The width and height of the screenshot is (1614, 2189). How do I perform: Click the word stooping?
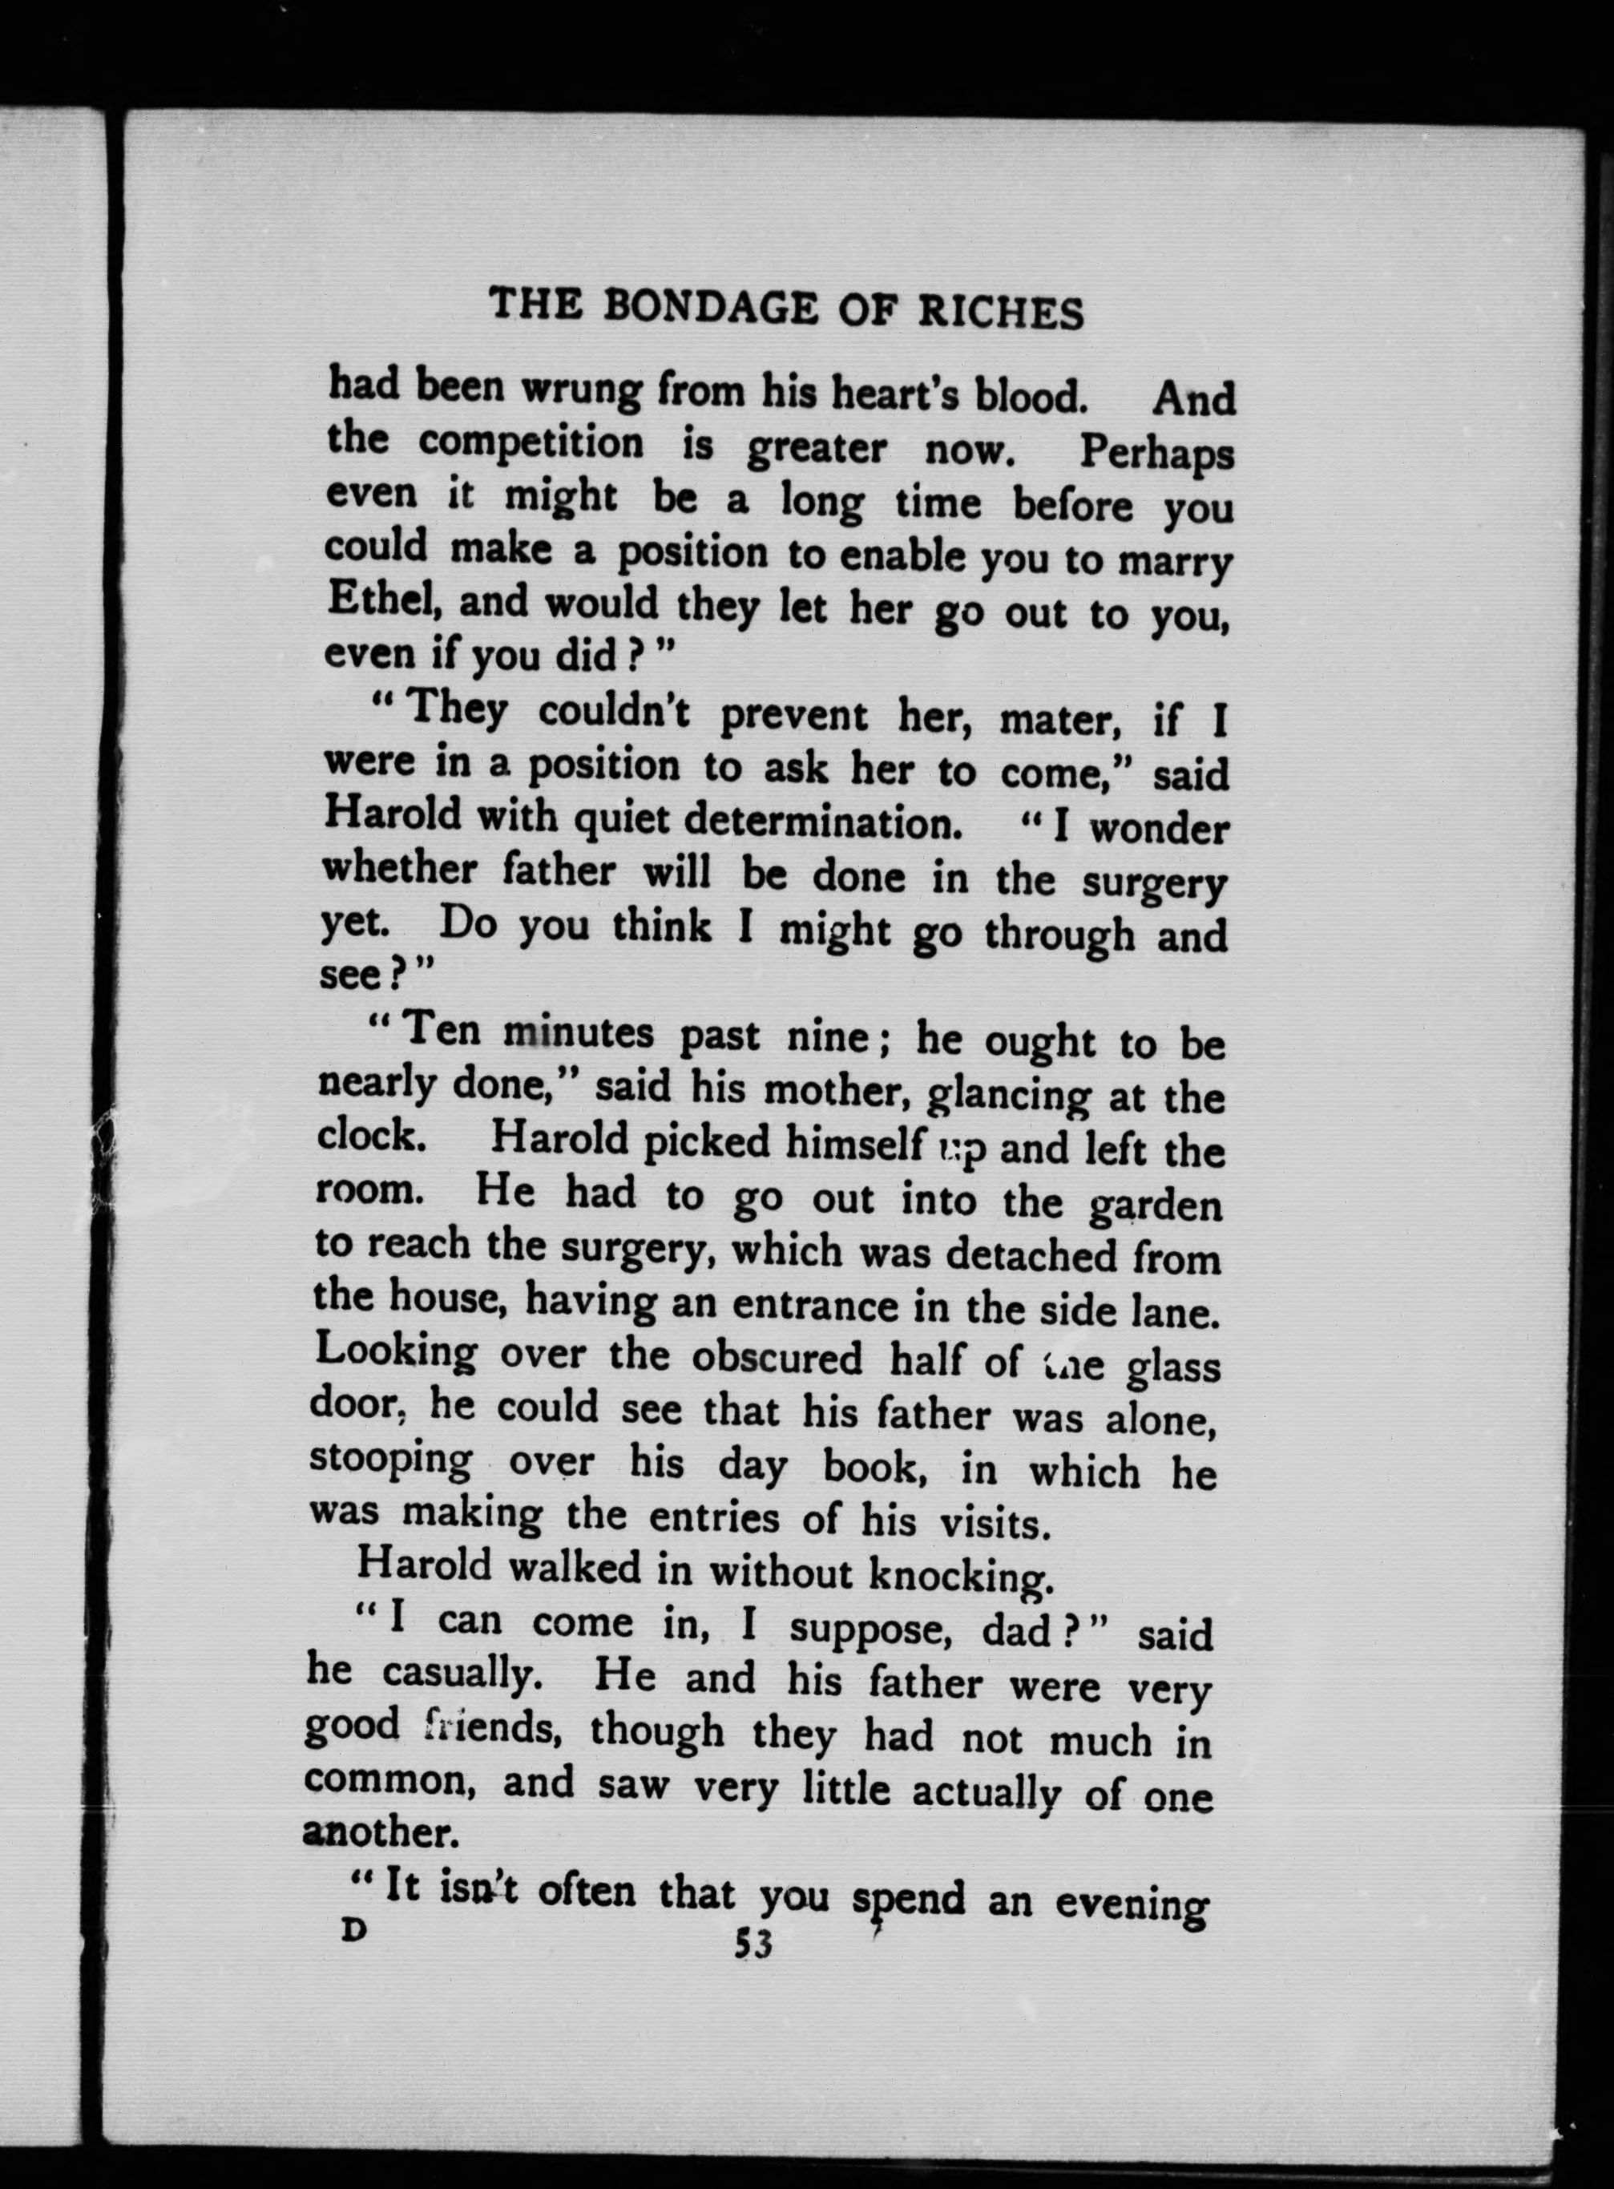[x=391, y=1461]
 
